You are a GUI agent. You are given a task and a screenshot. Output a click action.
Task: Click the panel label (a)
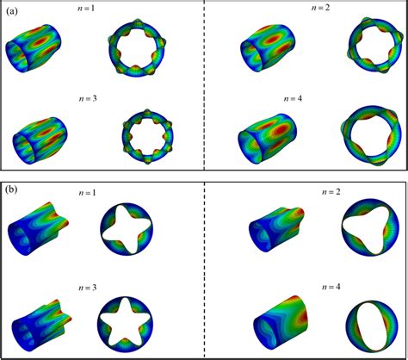point(13,10)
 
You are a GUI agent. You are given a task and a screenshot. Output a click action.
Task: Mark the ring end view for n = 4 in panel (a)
point(365,134)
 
